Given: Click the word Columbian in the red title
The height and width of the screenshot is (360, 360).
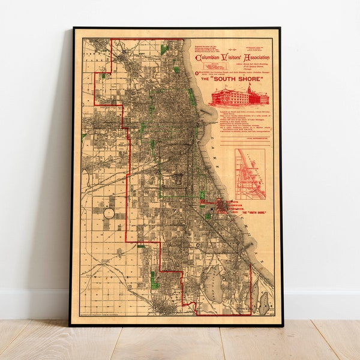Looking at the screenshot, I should coord(208,58).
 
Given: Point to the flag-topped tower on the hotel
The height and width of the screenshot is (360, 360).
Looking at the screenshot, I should coord(249,89).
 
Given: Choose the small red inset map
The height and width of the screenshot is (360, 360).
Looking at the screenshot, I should coord(250,174).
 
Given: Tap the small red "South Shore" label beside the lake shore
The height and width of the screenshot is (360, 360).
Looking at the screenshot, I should coord(253,213).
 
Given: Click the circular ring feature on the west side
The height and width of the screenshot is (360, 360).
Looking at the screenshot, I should coord(109,213).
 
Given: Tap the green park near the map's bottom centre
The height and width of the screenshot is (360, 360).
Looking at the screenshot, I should coord(155,280).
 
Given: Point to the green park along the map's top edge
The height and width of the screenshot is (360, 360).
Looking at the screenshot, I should coord(164,49).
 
